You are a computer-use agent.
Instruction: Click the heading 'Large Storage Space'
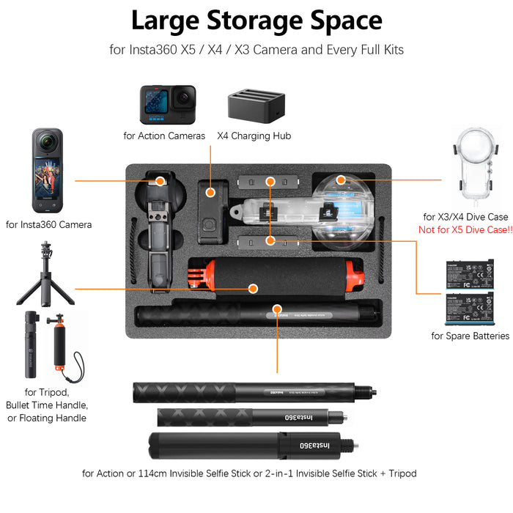(x=256, y=21)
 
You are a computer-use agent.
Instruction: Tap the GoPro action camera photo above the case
(x=169, y=104)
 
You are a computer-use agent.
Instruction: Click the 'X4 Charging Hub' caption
(x=254, y=136)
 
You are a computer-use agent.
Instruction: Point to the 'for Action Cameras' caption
(x=164, y=136)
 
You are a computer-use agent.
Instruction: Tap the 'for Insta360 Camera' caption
(x=49, y=224)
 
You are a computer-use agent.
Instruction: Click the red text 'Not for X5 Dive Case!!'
(x=465, y=229)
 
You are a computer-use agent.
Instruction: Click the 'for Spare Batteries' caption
(x=470, y=336)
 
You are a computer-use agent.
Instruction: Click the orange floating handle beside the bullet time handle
(x=61, y=348)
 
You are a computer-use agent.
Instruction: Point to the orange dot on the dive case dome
(x=340, y=179)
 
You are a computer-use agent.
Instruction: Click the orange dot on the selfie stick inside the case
(x=277, y=311)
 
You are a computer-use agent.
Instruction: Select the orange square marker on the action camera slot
(x=211, y=193)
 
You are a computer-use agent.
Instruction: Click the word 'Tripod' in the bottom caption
(x=400, y=473)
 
